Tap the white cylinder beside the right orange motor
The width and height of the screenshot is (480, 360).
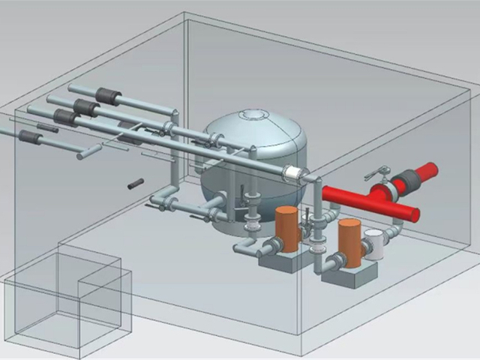click(x=373, y=244)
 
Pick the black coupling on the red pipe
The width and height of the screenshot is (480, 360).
click(x=407, y=180)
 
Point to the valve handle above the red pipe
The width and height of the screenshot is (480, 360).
click(x=382, y=171)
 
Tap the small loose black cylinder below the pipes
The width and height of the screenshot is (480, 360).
click(x=136, y=183)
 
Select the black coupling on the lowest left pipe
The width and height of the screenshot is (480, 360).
click(x=29, y=136)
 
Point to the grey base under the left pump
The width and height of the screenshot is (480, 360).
click(x=280, y=258)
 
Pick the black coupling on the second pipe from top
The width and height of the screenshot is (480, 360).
click(x=86, y=108)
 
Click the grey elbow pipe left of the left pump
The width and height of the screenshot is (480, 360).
click(x=247, y=247)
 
